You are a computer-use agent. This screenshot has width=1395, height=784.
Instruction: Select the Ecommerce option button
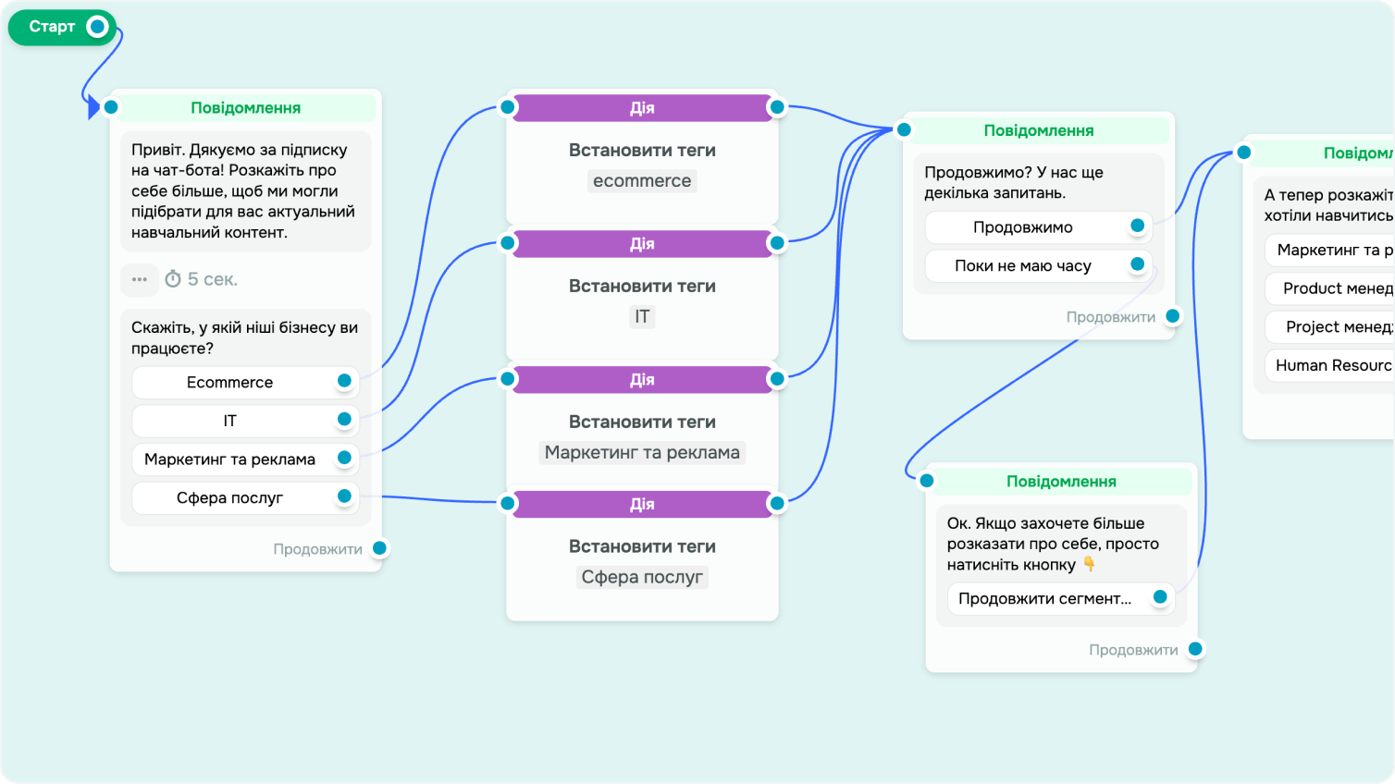pos(230,382)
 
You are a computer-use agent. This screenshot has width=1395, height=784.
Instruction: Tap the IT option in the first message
pos(230,421)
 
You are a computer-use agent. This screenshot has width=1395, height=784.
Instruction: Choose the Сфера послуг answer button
pos(230,497)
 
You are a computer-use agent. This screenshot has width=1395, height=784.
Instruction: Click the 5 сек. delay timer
pos(202,279)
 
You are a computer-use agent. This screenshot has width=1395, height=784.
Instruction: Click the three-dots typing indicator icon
pos(140,279)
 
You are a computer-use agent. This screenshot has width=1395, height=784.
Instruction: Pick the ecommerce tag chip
pos(642,181)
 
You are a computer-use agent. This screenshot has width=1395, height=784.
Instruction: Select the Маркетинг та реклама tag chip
pos(642,453)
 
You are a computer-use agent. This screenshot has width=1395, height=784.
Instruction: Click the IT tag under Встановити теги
pos(642,317)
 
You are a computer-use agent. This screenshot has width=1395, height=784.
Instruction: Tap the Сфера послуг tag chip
pos(642,578)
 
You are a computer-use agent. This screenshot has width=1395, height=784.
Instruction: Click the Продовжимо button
pos(1023,227)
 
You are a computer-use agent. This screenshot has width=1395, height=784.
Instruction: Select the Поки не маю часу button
pos(1023,266)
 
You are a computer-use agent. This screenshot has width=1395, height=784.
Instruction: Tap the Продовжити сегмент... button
pos(1045,599)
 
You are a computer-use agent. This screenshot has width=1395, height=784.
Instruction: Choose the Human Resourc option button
pos(1332,365)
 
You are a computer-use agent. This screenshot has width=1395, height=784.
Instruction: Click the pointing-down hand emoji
pos(1090,564)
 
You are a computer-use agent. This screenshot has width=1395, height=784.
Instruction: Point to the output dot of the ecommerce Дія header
pos(777,107)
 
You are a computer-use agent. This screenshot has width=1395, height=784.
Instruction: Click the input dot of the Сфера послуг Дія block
pos(508,503)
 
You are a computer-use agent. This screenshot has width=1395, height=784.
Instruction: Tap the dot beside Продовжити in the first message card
pos(379,548)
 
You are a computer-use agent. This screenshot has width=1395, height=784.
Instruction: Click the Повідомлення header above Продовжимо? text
pos(1038,130)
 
